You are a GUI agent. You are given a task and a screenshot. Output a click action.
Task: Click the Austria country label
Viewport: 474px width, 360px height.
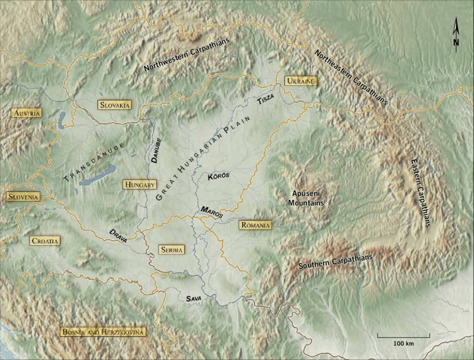click(x=27, y=113)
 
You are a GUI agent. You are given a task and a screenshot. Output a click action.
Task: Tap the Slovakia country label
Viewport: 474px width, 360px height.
click(x=114, y=105)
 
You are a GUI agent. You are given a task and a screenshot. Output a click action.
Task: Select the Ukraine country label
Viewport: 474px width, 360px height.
click(x=301, y=81)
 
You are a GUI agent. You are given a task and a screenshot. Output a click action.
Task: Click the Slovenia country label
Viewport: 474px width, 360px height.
click(x=23, y=197)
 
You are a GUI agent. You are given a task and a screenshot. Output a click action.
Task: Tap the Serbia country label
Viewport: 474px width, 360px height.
click(x=171, y=250)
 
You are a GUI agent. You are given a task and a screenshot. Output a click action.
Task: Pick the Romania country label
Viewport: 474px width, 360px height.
click(x=255, y=225)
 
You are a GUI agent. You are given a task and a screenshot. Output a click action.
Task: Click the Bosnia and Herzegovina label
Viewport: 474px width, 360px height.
click(x=104, y=332)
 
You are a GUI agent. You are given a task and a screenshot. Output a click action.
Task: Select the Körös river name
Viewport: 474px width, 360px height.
click(x=219, y=176)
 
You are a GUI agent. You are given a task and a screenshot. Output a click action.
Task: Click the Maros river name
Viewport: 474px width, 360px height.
click(x=212, y=212)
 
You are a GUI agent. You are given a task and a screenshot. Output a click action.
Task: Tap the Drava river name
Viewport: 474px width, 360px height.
click(x=118, y=235)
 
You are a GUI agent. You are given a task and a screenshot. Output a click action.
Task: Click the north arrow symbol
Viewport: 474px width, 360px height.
click(x=456, y=35)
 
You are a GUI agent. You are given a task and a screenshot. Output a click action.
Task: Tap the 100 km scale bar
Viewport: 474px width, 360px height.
click(x=403, y=336)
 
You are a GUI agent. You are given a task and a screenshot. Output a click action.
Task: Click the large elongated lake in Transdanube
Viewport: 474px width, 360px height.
click(x=98, y=174)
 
